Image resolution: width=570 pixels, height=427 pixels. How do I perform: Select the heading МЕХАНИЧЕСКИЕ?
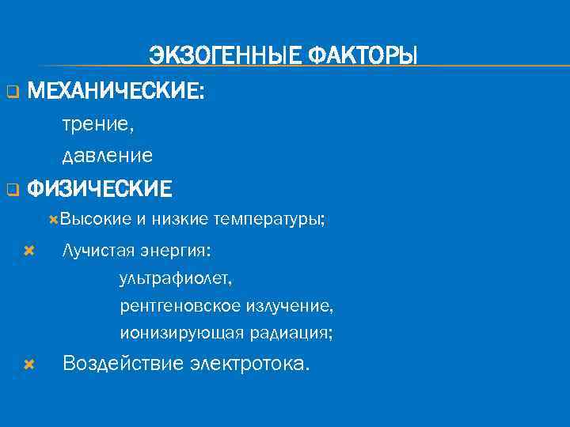pyautogui.click(x=116, y=92)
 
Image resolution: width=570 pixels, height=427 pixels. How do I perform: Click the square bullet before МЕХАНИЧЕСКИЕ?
pyautogui.click(x=12, y=93)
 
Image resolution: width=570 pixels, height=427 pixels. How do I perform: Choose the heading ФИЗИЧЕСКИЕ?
pyautogui.click(x=99, y=190)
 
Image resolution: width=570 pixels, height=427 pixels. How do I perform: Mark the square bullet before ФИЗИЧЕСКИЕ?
pyautogui.click(x=12, y=191)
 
